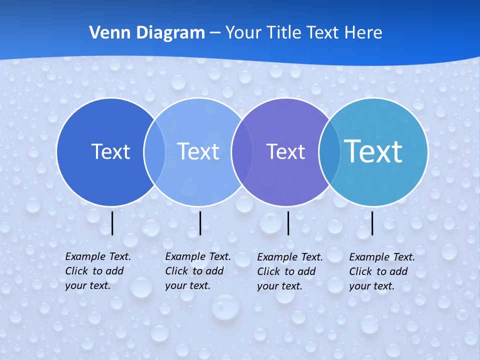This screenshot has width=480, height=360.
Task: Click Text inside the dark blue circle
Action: point(110,151)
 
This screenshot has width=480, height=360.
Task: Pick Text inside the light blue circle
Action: point(198,151)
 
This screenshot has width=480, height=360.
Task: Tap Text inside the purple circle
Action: point(285,151)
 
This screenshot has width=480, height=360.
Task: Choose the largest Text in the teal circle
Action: point(373,151)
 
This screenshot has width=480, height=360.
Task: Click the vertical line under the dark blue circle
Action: point(112,223)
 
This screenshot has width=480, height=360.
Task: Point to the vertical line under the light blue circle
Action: point(200,223)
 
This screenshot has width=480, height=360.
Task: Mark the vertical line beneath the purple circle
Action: point(288,223)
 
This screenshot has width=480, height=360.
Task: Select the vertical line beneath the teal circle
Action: point(372,223)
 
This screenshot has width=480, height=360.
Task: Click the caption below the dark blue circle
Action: point(98,271)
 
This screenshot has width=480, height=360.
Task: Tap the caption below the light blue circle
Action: point(198,271)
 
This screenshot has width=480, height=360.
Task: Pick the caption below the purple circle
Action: point(290,271)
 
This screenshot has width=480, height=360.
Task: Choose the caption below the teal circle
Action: point(382,271)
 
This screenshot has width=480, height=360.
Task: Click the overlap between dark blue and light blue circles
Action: point(154,151)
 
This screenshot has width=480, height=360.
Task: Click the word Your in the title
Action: point(243,33)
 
